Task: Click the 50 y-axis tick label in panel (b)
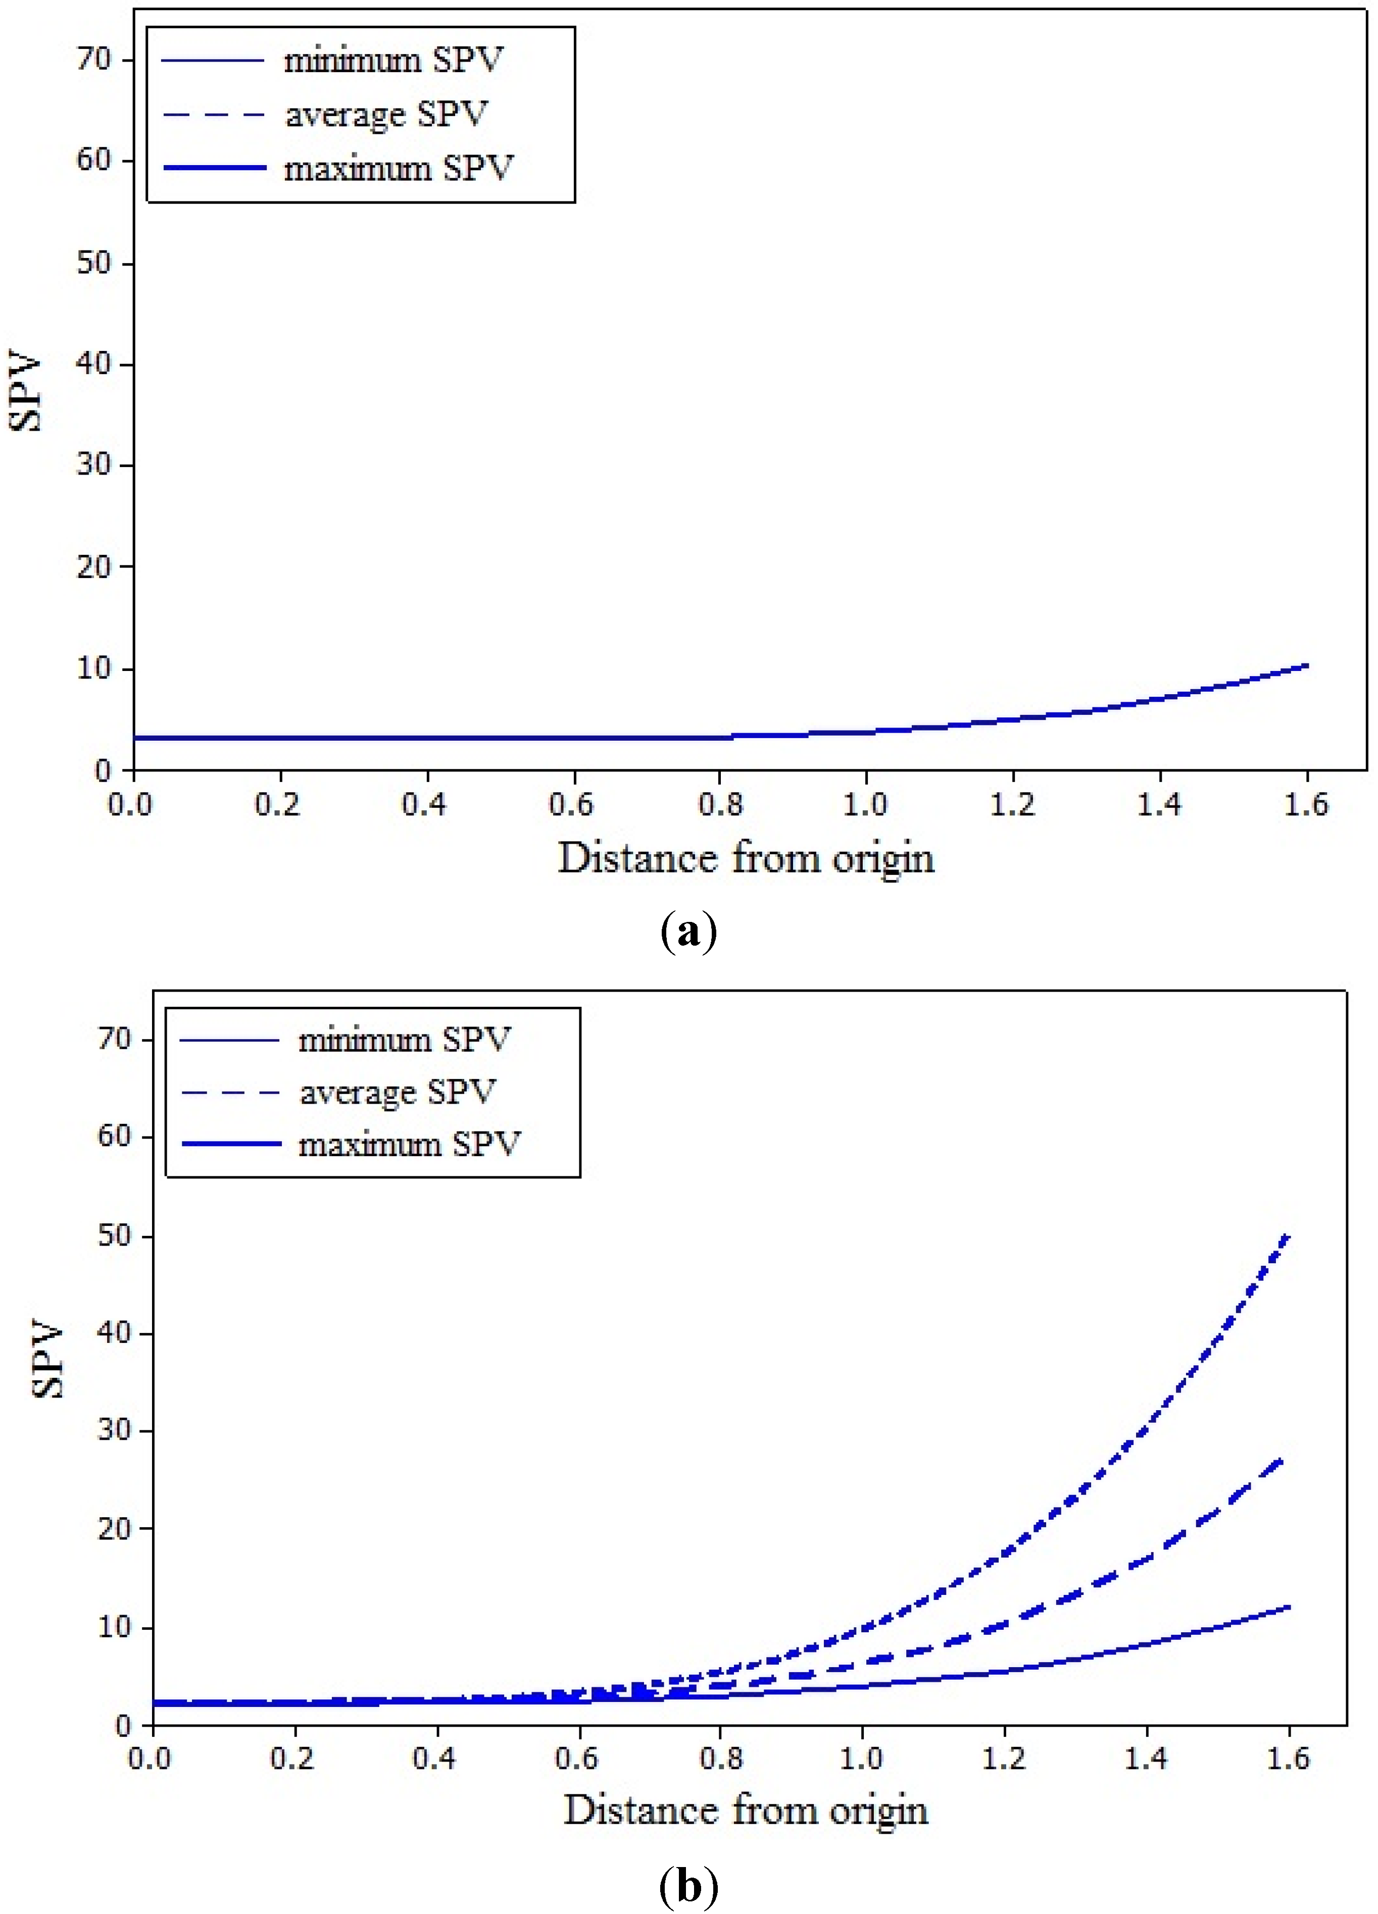[115, 1235]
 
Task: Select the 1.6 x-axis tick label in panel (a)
[1306, 804]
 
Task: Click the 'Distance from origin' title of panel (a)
[747, 858]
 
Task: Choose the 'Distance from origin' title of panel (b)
[747, 1811]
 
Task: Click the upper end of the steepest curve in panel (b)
[1288, 1237]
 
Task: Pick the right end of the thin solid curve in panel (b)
[1289, 1608]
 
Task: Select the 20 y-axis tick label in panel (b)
[115, 1528]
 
